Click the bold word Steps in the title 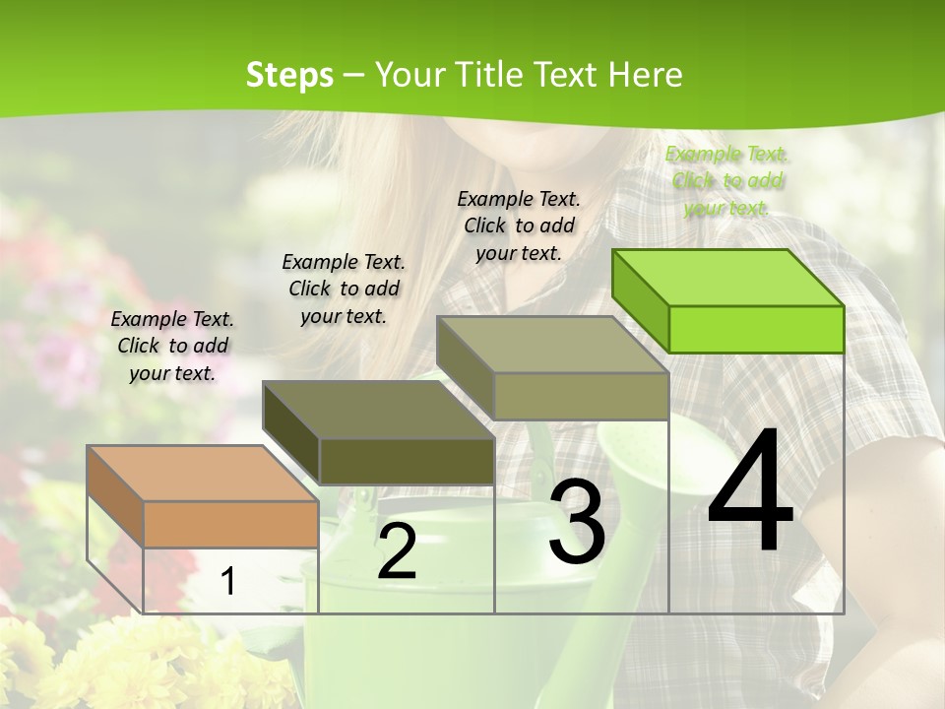(x=289, y=74)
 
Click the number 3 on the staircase (x=577, y=522)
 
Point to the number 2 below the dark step (x=397, y=551)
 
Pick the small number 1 (x=227, y=581)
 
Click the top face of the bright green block (x=728, y=277)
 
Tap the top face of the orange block (x=202, y=473)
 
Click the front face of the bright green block (x=756, y=329)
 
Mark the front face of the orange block (x=230, y=524)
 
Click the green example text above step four (x=726, y=180)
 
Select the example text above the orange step (x=172, y=346)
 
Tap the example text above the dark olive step (x=344, y=289)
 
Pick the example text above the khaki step (x=519, y=226)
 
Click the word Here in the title (x=645, y=74)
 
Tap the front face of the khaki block (x=581, y=396)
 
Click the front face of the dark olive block (x=407, y=461)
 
